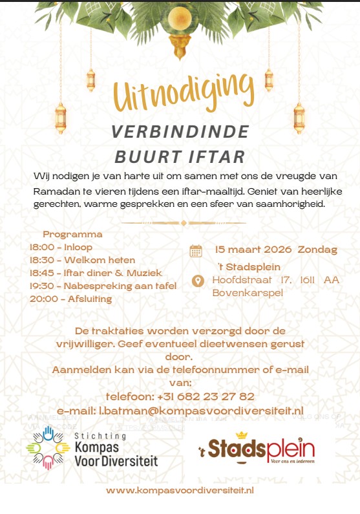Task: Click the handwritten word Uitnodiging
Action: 180,95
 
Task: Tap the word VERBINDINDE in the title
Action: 180,131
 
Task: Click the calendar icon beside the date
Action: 196,252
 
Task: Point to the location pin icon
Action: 199,281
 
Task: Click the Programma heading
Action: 72,235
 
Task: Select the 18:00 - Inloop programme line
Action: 61,247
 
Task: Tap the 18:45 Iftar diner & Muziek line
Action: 96,273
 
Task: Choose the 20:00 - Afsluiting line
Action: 70,299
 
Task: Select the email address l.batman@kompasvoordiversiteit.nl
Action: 180,411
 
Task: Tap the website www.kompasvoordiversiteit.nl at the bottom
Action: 180,491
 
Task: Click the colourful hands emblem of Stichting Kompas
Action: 47,447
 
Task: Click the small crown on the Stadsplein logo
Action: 243,435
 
